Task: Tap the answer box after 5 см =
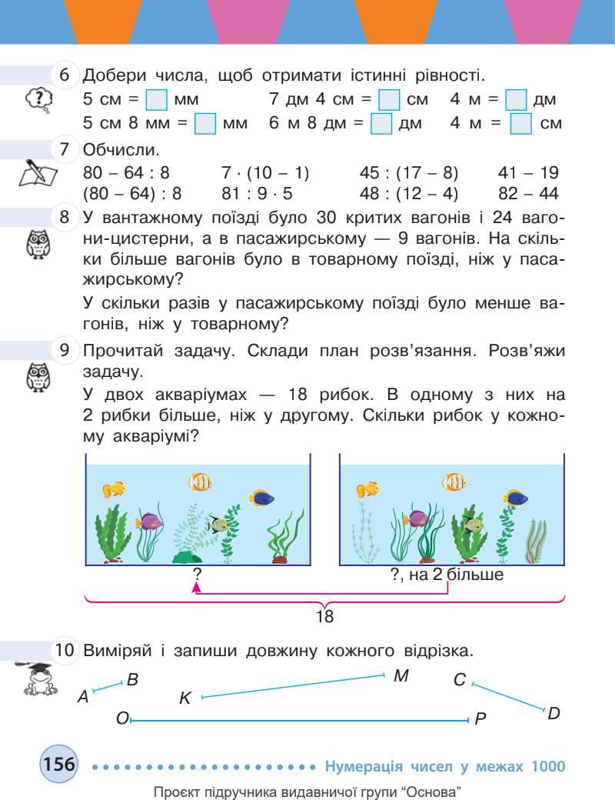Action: pos(157,100)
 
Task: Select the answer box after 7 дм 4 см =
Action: pos(390,100)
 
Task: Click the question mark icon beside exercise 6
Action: pos(39,99)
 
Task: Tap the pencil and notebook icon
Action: pos(37,173)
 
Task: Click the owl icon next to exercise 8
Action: pos(37,245)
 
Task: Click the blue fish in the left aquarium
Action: pos(263,497)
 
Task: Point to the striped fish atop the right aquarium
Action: pos(454,482)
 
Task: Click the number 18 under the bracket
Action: pos(325,616)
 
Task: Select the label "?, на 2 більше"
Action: pos(447,575)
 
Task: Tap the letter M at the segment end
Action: pos(400,675)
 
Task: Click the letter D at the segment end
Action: pos(553,713)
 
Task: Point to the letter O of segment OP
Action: pos(121,718)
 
